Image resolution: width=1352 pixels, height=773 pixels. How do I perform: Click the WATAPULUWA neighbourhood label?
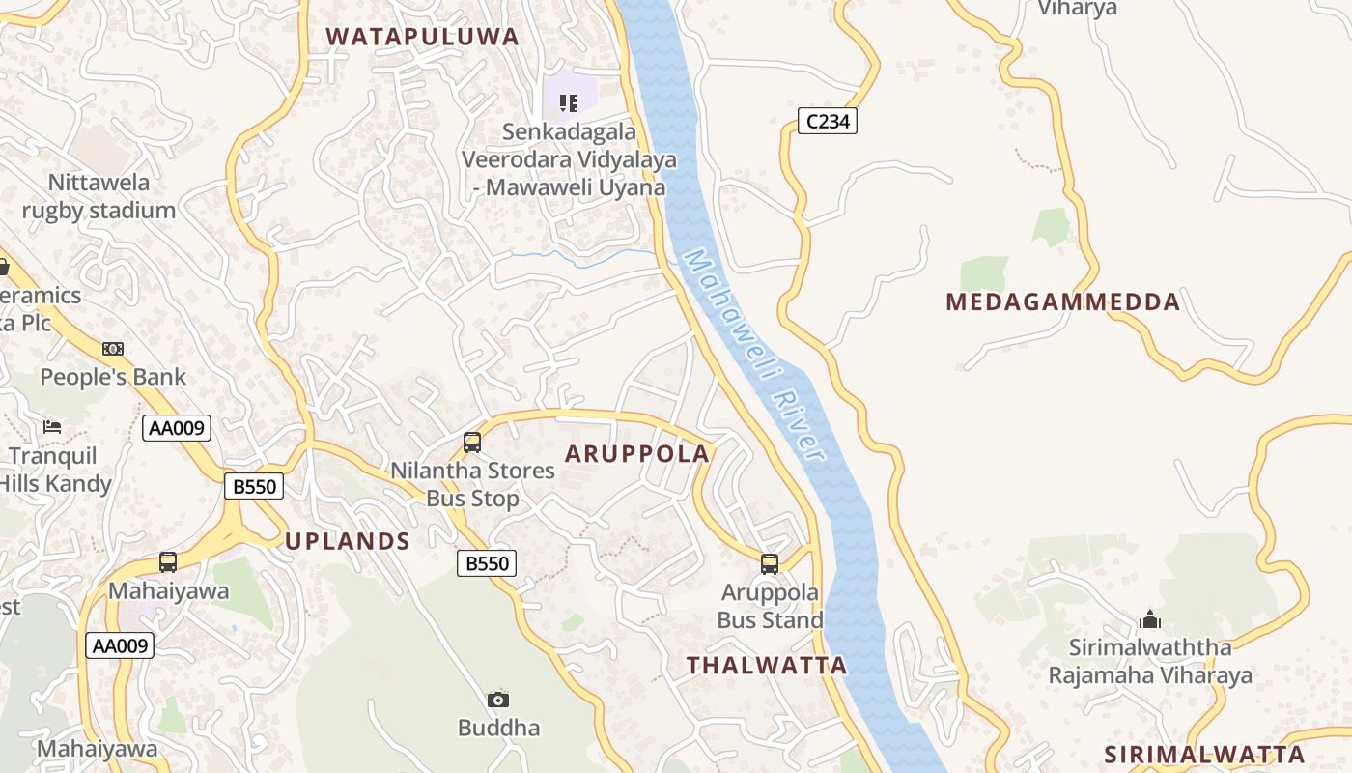pos(422,37)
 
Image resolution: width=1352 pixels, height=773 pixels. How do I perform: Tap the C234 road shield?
pos(828,121)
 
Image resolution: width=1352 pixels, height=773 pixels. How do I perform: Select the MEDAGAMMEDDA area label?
pos(1062,302)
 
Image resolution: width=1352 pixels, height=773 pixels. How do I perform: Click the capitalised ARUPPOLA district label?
pos(636,453)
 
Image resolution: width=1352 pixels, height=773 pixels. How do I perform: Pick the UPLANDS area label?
pos(348,541)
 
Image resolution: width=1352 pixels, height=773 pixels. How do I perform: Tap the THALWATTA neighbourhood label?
pos(767,665)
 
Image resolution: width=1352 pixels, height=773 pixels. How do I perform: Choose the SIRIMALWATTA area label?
pos(1204,755)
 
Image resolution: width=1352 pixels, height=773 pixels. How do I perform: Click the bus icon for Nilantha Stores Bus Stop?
pos(471,443)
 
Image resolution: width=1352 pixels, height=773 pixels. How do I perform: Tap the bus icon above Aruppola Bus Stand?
pos(769,564)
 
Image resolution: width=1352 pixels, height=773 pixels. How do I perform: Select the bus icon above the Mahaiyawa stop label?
pos(168,562)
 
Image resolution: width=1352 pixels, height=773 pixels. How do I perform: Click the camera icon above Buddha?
pos(498,700)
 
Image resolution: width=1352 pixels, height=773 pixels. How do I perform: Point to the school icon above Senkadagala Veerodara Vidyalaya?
pos(569,102)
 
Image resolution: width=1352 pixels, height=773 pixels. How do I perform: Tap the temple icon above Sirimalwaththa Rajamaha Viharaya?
pos(1150,618)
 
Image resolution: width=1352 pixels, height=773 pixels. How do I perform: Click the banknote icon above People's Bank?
pos(113,349)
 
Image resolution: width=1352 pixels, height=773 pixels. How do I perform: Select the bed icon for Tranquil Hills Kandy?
pos(52,426)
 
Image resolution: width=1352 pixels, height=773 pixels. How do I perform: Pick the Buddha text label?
pos(498,728)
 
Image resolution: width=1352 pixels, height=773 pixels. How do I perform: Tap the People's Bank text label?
pos(113,377)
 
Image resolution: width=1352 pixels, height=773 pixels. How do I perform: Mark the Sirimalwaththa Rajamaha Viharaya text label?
pos(1150,661)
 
